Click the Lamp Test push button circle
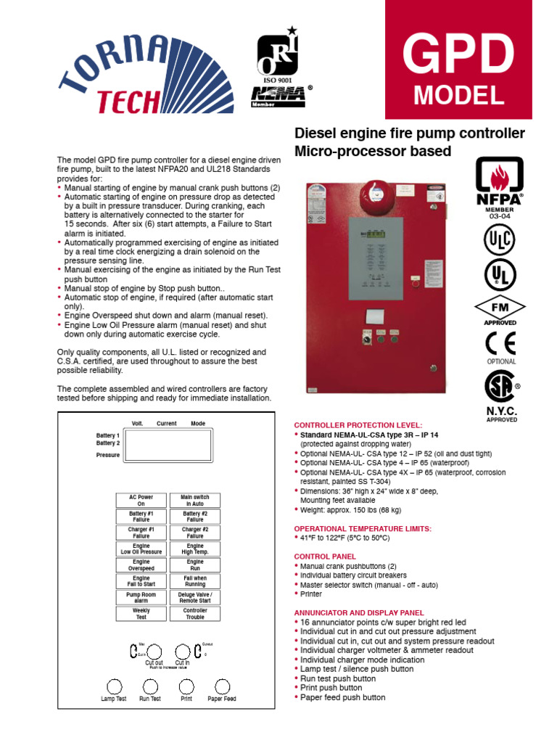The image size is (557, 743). click(114, 686)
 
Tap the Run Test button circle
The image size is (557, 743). click(150, 686)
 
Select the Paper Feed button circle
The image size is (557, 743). click(222, 686)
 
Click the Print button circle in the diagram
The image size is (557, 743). click(186, 686)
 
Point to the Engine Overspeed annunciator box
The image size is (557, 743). click(141, 565)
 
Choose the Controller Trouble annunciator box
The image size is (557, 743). click(195, 614)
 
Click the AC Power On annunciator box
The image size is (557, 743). click(141, 501)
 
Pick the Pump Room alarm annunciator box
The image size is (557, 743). click(141, 598)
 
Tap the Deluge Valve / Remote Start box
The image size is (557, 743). click(195, 598)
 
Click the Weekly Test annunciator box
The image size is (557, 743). click(141, 614)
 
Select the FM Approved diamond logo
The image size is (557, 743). click(500, 306)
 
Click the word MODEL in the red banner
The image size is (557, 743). click(458, 94)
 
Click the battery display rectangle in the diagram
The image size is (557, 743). click(168, 445)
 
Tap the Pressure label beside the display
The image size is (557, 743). click(108, 455)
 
